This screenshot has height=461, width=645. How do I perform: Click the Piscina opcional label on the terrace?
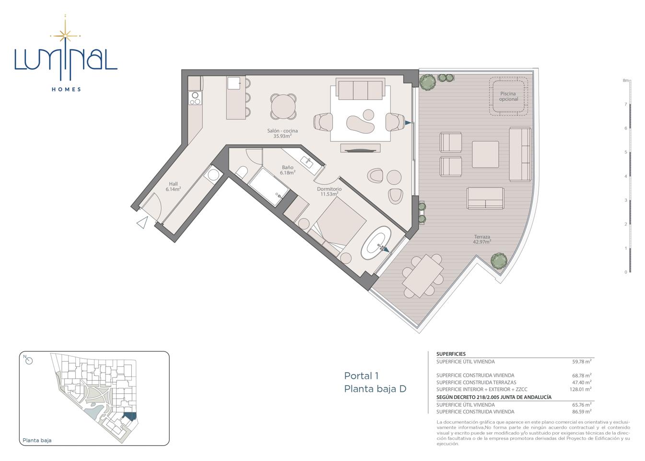pyautogui.click(x=508, y=97)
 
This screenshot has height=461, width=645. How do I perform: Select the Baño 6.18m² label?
pyautogui.click(x=288, y=170)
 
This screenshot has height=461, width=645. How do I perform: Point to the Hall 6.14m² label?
pyautogui.click(x=173, y=186)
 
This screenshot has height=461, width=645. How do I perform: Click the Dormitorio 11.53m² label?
pyautogui.click(x=329, y=192)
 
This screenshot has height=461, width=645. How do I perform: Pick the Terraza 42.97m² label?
pyautogui.click(x=482, y=239)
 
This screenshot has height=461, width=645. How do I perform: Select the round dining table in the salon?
pyautogui.click(x=283, y=107)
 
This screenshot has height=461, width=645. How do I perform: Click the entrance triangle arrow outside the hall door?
pyautogui.click(x=142, y=222)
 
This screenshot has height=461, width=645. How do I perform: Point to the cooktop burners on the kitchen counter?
pyautogui.click(x=195, y=98)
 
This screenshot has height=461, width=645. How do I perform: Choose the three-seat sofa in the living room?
pyautogui.click(x=361, y=89)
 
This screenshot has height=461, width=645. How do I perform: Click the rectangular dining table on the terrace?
pyautogui.click(x=422, y=275)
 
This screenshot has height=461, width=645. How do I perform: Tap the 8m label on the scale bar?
pyautogui.click(x=625, y=81)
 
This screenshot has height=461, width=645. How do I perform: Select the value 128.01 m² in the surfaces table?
pyautogui.click(x=580, y=389)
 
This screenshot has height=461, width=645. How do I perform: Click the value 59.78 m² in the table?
pyautogui.click(x=582, y=362)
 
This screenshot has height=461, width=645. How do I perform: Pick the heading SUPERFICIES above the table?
pyautogui.click(x=451, y=354)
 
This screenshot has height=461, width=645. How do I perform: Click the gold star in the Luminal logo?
pyautogui.click(x=65, y=36)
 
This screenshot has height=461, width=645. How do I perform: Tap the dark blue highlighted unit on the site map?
pyautogui.click(x=129, y=416)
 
